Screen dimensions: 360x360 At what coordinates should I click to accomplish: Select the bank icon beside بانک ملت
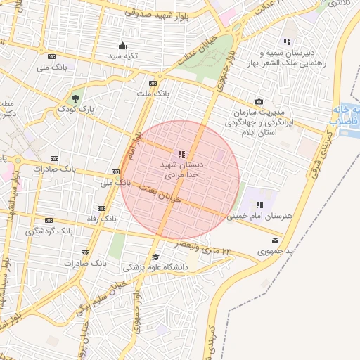tap(153, 82)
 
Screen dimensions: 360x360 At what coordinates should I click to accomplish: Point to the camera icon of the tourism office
tap(259, 103)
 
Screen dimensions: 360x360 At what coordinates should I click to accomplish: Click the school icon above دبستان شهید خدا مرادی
tap(181, 153)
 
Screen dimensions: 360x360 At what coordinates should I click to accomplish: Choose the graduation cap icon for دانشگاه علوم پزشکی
tap(155, 257)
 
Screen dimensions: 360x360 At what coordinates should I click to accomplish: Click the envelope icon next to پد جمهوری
tap(264, 240)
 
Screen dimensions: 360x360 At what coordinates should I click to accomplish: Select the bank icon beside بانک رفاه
tap(101, 209)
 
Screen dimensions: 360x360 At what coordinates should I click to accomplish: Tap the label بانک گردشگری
tap(53, 231)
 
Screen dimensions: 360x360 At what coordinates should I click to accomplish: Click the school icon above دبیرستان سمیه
tap(287, 41)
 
